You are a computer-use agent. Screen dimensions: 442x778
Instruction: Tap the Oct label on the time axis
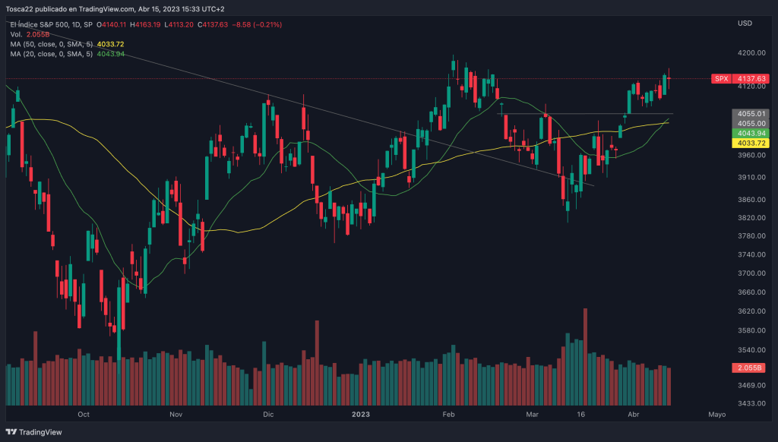click(84, 415)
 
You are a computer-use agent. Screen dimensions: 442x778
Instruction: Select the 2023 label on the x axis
click(361, 415)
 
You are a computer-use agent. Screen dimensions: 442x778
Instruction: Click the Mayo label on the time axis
click(716, 415)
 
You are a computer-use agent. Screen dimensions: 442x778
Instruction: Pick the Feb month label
click(448, 415)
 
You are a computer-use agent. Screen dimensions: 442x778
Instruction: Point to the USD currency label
click(745, 24)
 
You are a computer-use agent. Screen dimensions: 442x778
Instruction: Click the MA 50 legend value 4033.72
click(110, 44)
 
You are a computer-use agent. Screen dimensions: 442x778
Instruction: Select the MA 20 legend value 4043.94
click(111, 54)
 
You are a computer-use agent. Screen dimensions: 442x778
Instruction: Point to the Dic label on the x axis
click(267, 415)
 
